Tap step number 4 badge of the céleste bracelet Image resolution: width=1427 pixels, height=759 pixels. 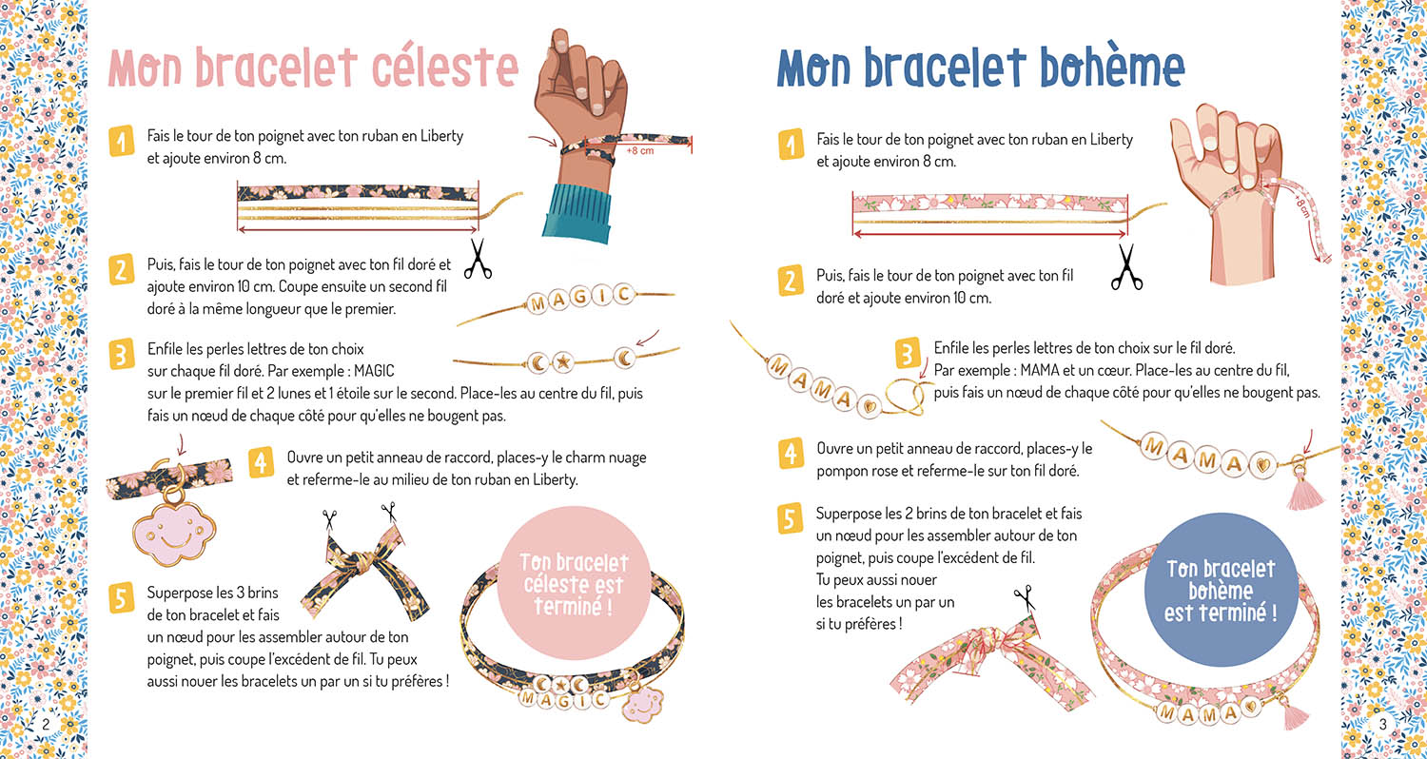(x=262, y=463)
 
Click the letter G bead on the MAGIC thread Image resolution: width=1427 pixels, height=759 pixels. (x=579, y=299)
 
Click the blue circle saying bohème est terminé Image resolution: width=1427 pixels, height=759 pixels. (x=1221, y=592)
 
